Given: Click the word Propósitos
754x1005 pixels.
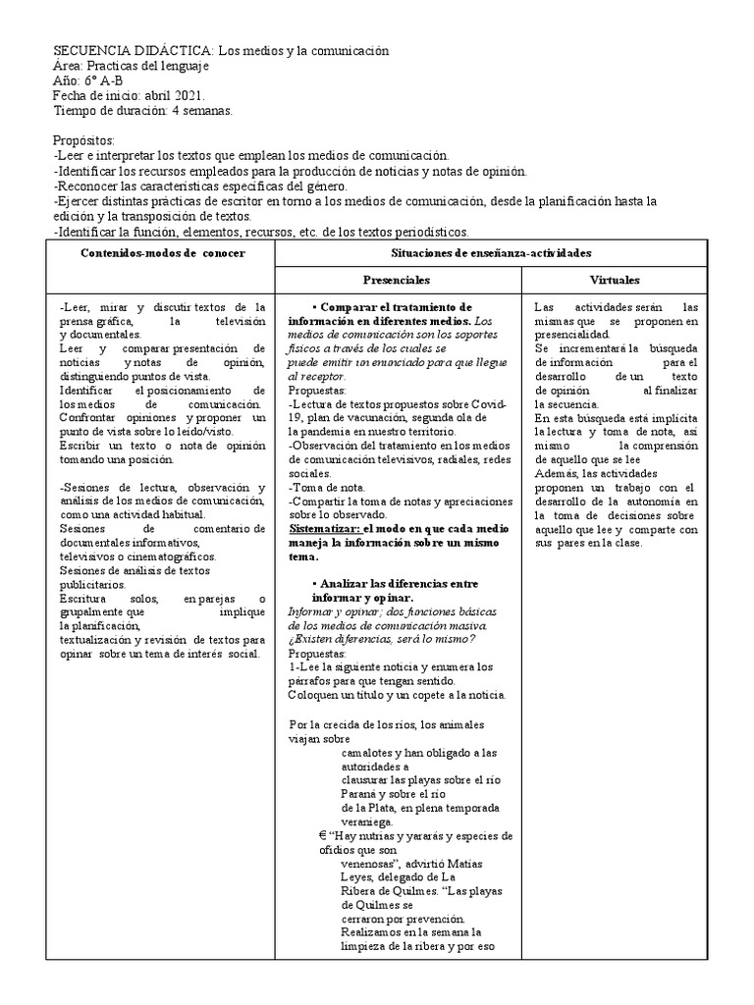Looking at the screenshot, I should click(83, 140).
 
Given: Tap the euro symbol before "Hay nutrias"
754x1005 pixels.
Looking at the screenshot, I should click(296, 835).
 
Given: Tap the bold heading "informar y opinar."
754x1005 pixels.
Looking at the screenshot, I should click(362, 597).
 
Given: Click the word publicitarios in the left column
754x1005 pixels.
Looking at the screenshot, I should click(94, 583).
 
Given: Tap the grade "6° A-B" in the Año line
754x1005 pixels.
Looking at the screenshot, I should click(101, 80).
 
